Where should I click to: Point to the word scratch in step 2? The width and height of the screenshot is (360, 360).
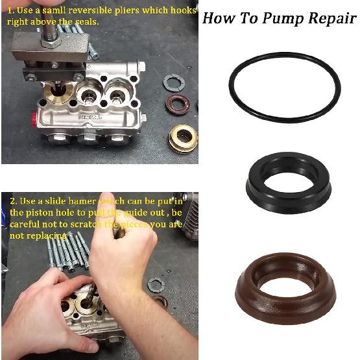(x=93, y=224)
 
